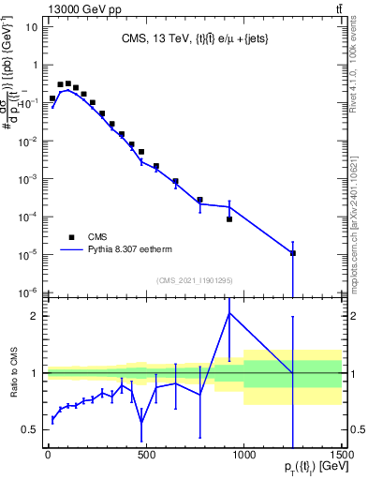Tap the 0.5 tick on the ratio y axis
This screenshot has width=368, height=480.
point(28,429)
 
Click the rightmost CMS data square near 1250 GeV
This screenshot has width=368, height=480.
point(293,253)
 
